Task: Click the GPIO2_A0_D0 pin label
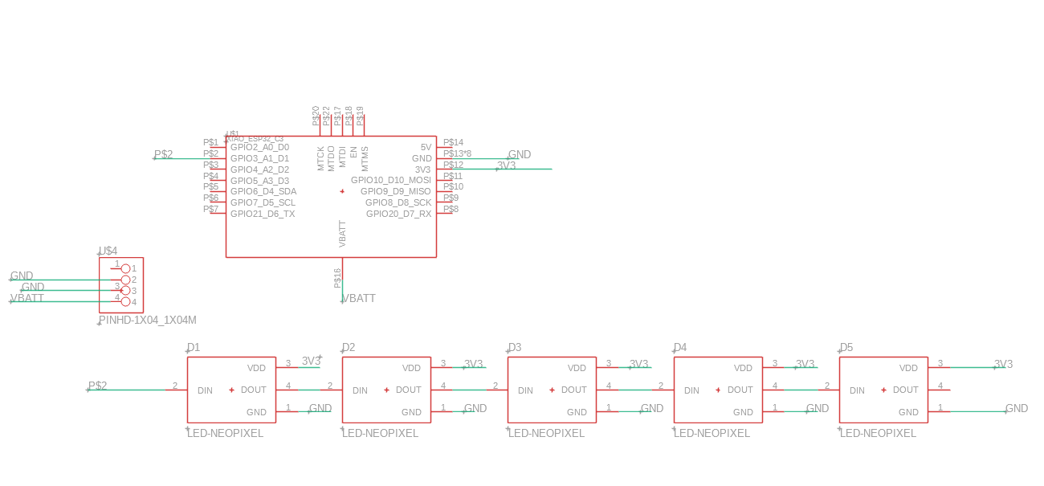coord(259,148)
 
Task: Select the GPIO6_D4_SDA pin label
coord(263,192)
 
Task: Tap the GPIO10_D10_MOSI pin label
coord(390,181)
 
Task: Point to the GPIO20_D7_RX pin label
coord(398,214)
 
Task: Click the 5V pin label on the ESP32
coord(426,148)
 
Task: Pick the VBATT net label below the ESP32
coord(359,299)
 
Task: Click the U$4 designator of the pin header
coord(108,251)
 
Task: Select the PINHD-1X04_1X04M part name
coord(148,321)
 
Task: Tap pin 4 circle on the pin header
coord(125,302)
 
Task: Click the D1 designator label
coord(194,348)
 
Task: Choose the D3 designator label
coord(515,348)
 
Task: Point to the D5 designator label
coord(846,348)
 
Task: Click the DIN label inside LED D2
coord(360,391)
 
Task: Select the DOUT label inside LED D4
coord(740,390)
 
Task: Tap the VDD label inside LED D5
coord(908,369)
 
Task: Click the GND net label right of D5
coord(1017,409)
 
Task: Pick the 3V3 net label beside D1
coord(311,361)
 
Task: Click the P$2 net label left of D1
coord(97,386)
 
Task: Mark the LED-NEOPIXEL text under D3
coord(546,434)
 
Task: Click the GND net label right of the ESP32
coord(520,155)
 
